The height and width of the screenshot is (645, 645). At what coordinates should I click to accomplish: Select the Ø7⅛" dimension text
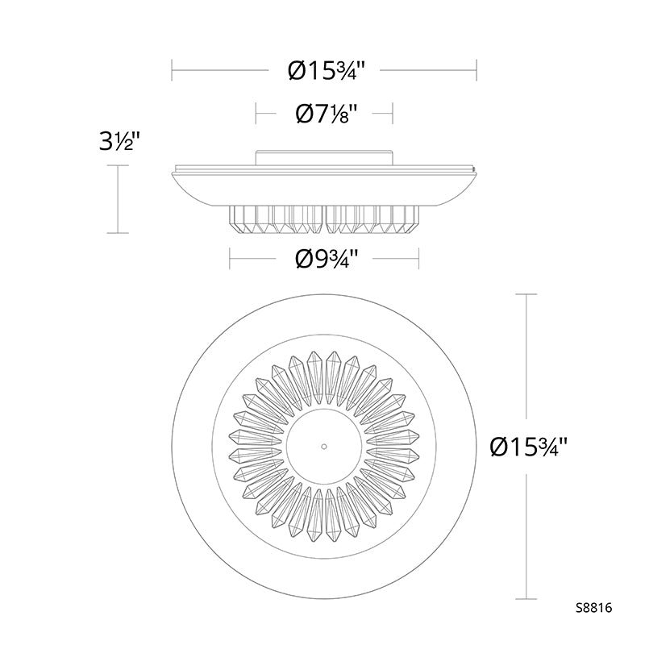click(x=326, y=113)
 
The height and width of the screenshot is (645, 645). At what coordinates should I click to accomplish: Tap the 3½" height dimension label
click(x=117, y=142)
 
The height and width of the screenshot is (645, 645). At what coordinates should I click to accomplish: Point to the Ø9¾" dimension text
click(x=326, y=259)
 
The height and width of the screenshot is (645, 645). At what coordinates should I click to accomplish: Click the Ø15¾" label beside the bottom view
click(x=529, y=447)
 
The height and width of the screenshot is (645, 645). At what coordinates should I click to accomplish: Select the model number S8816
click(x=593, y=608)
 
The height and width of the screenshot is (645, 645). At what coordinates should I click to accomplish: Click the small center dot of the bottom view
click(x=324, y=447)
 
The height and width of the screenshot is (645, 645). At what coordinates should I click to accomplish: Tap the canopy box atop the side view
click(x=324, y=157)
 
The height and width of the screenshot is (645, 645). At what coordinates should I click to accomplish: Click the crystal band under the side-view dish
click(x=324, y=218)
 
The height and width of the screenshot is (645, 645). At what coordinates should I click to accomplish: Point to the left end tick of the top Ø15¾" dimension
click(x=172, y=70)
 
